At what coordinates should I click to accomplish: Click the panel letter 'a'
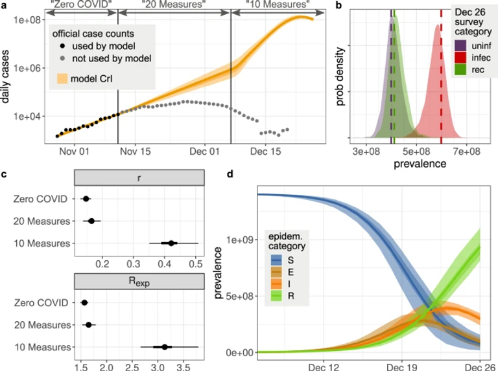pos(5,6)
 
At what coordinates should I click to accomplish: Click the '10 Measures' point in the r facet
pos(171,243)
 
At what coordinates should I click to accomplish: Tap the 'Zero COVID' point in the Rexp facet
pos(84,302)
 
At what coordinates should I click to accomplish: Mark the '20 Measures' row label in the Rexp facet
pos(44,325)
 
